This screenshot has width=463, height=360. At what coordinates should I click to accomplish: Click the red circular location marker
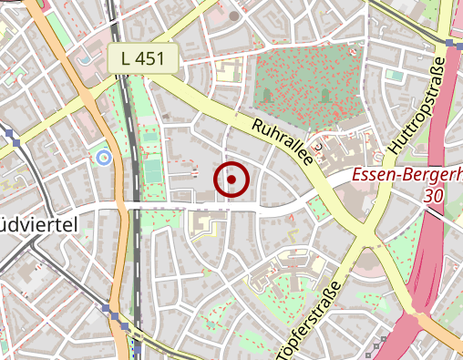(231, 180)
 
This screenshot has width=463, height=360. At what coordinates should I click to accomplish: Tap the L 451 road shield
(142, 59)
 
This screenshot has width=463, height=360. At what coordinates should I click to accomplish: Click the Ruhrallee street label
(283, 143)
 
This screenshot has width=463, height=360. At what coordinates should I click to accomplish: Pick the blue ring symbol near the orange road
(103, 159)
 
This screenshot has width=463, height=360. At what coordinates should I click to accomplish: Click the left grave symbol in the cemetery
(267, 94)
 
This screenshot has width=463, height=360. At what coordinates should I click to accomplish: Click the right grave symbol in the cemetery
(324, 94)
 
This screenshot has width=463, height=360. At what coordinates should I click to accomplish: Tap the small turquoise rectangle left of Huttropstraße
(393, 75)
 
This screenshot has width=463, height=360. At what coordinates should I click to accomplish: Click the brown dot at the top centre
(234, 15)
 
